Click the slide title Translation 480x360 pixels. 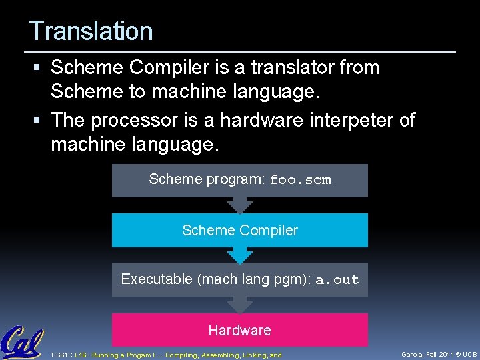[x=91, y=31]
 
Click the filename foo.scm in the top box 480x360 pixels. [x=300, y=180]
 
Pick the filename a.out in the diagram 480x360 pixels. [x=337, y=280]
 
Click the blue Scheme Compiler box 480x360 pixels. [x=239, y=231]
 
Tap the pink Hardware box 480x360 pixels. [x=239, y=330]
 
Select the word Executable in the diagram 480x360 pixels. [x=157, y=279]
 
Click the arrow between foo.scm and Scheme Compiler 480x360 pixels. [x=239, y=205]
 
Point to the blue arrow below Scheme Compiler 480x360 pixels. [x=239, y=255]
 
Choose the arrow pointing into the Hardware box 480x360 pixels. [x=239, y=305]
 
